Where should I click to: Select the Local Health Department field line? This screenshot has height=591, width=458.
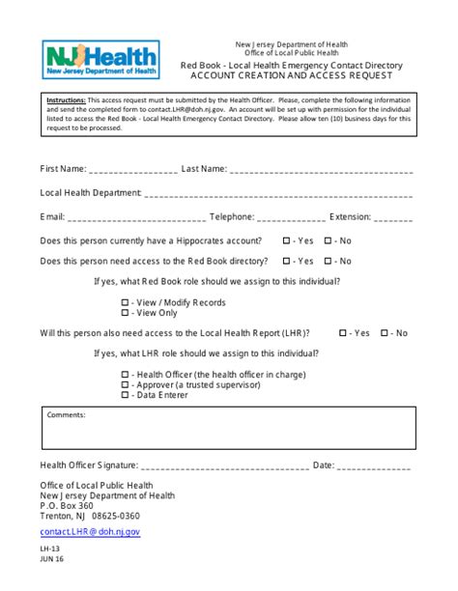click(x=280, y=194)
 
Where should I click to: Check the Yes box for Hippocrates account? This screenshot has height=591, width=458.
click(x=286, y=240)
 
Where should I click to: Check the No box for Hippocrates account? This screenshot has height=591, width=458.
click(x=329, y=240)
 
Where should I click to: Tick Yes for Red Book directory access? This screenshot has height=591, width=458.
click(x=286, y=261)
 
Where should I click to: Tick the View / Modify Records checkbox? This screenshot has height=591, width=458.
click(x=125, y=302)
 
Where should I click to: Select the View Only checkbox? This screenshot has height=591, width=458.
click(x=125, y=313)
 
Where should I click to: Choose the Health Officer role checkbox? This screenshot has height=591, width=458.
click(x=125, y=375)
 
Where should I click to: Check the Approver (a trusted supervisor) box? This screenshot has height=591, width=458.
click(x=125, y=385)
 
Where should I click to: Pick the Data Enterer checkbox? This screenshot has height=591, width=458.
click(x=125, y=395)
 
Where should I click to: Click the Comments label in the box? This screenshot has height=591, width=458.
click(x=66, y=415)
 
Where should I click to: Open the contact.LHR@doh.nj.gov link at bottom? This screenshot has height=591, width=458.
click(x=90, y=532)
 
